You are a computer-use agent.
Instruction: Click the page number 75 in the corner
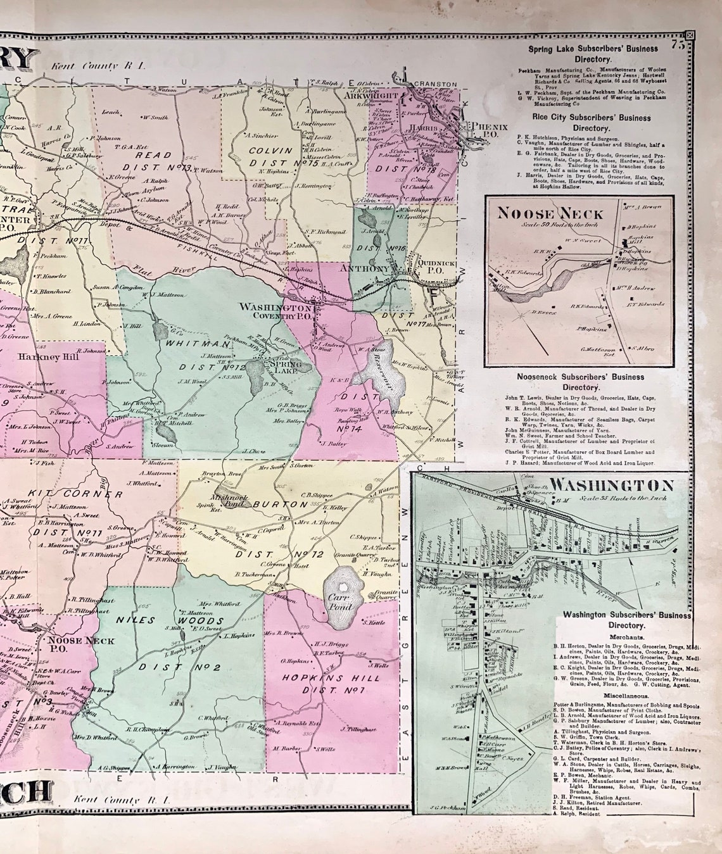point(679,44)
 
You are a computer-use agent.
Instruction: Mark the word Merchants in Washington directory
point(627,636)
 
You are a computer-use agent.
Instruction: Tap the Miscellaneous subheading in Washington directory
point(626,694)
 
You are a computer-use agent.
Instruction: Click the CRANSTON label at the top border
point(435,84)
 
